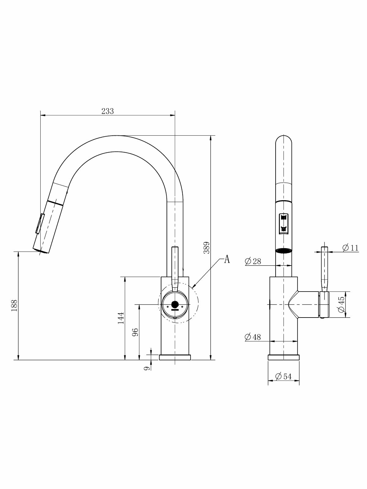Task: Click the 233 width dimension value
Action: (108, 111)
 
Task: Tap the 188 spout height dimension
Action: (14, 305)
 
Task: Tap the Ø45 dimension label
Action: (342, 304)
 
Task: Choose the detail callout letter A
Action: (227, 259)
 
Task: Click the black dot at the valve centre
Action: (175, 304)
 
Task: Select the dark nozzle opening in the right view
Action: (284, 251)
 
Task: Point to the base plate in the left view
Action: (175, 357)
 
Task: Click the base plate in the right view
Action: (284, 357)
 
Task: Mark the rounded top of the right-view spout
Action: (284, 141)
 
